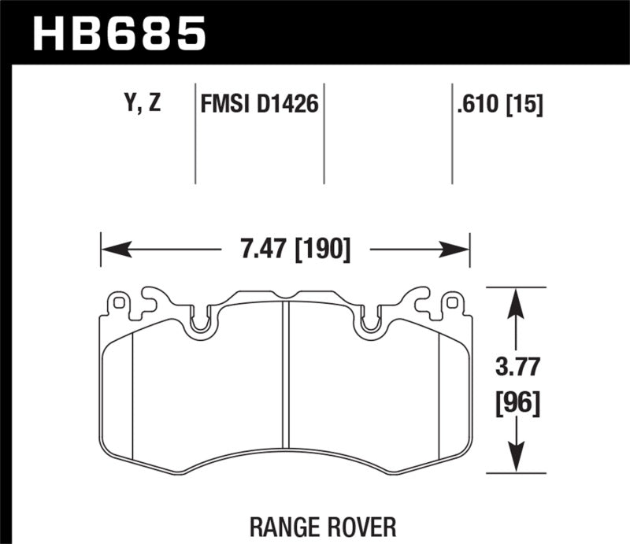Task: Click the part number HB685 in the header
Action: pyautogui.click(x=118, y=33)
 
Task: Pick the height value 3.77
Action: pyautogui.click(x=516, y=368)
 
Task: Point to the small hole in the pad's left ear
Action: pyautogui.click(x=118, y=302)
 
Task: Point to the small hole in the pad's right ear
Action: pyautogui.click(x=451, y=302)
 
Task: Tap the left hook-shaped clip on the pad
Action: pyautogui.click(x=151, y=300)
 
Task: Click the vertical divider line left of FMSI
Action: pyautogui.click(x=195, y=134)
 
